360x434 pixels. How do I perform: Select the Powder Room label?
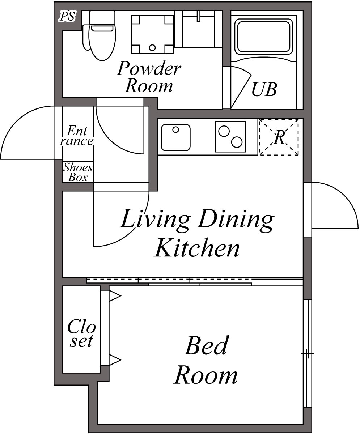pos(149,77)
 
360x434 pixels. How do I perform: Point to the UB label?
pos(264,89)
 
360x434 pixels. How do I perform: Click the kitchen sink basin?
pos(176,137)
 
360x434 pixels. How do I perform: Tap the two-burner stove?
pos(230,136)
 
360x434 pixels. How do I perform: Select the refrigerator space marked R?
pos(279,137)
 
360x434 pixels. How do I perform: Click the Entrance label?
pos(77,136)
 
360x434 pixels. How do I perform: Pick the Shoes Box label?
pos(78,173)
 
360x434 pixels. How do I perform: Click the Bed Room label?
pos(206,360)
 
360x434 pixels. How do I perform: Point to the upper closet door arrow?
pos(115,296)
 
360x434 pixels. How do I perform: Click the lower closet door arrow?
pos(115,360)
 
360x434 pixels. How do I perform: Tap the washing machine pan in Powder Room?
pos(152,34)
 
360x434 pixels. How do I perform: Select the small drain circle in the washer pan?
pos(152,47)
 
